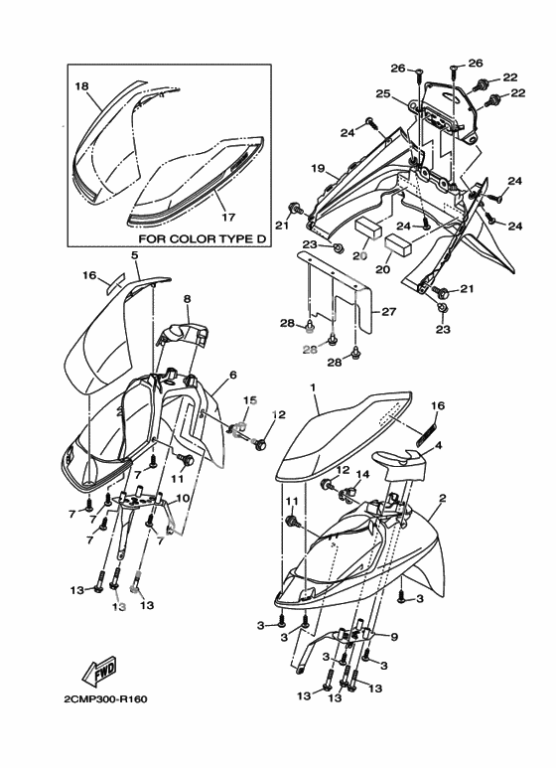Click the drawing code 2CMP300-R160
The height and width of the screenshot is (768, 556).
coord(105,699)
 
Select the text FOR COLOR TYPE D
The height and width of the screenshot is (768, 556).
coord(203,239)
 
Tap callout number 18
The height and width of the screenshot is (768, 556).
coord(81,86)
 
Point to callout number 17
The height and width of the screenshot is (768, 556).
coord(228,217)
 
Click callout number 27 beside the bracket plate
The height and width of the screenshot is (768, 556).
coord(388,311)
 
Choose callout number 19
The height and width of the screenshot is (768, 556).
coord(318,169)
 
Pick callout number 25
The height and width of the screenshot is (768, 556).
coord(382,93)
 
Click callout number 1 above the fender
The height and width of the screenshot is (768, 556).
coord(313,387)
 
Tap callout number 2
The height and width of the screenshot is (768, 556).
coord(443,498)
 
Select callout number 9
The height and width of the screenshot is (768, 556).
coord(394,637)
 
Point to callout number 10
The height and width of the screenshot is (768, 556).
coord(182,498)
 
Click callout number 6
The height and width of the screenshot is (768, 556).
coord(233,375)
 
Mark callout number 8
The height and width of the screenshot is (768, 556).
coord(187,298)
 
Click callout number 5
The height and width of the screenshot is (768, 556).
coord(135,255)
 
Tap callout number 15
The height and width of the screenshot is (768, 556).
coord(250,400)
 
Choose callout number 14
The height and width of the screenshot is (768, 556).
coord(362,474)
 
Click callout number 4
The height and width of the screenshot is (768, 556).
coord(439,445)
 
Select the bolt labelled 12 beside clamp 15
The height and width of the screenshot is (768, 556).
coord(259,444)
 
